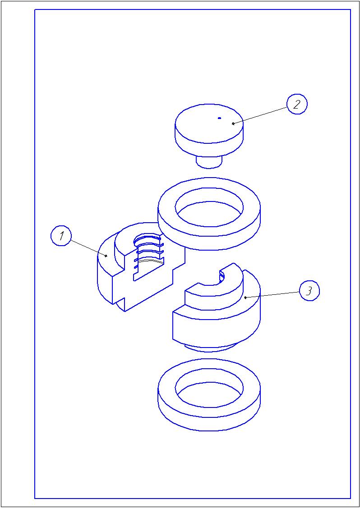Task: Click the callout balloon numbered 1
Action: click(x=61, y=236)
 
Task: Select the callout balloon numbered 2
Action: click(x=297, y=105)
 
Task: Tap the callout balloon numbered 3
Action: click(x=309, y=291)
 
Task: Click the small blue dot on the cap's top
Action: click(x=220, y=118)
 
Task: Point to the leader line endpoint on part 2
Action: click(x=233, y=124)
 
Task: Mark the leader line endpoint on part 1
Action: click(x=106, y=256)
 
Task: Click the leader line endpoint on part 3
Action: click(x=245, y=297)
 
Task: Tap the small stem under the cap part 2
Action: click(x=209, y=162)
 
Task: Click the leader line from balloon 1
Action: click(x=88, y=247)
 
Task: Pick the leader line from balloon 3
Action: click(x=273, y=294)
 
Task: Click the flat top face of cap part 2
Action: click(x=209, y=124)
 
